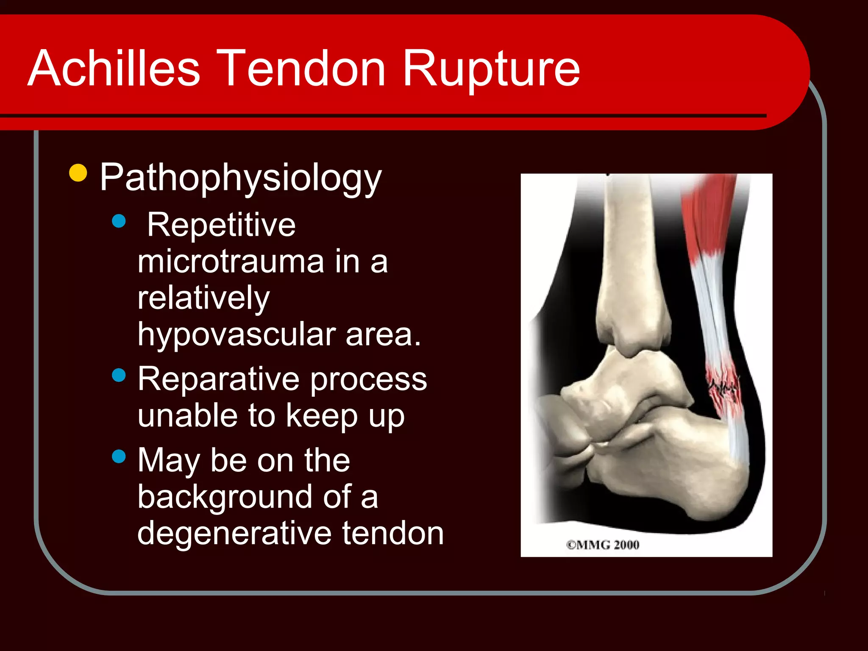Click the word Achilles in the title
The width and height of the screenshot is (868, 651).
tap(114, 69)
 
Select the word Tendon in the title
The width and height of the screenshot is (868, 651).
tap(303, 69)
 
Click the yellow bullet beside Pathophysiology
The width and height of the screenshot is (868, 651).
tap(78, 172)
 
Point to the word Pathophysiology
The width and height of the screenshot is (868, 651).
tap(241, 178)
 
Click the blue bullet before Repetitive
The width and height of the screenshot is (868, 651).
tap(119, 221)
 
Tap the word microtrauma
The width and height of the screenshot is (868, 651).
tap(231, 262)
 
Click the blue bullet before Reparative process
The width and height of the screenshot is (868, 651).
tap(119, 375)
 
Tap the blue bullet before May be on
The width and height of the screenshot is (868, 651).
tap(119, 456)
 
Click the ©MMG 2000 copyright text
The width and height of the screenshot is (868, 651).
tap(603, 545)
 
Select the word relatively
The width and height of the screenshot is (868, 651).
tap(203, 299)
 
